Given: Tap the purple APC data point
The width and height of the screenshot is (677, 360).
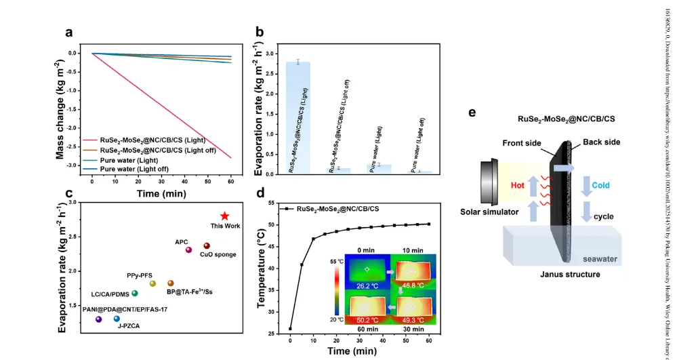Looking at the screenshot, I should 189,249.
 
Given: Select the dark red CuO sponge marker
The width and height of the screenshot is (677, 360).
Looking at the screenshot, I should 207,246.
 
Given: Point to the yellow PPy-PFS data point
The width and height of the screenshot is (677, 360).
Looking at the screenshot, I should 152,283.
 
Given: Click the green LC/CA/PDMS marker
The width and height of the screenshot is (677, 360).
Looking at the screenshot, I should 135,293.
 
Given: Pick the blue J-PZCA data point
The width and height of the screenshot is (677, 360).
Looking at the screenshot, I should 117,319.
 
